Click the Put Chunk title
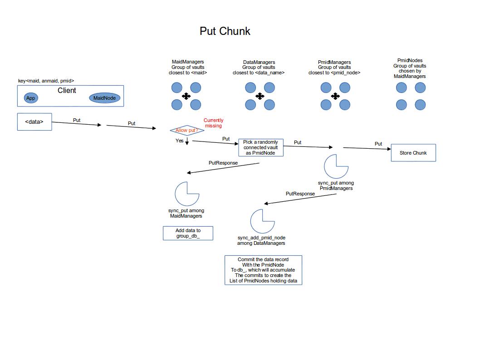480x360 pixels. tap(225, 31)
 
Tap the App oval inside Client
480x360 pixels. tap(31, 98)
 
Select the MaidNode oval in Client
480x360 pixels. tap(104, 98)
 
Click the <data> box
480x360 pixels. tap(34, 122)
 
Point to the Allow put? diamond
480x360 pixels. tap(187, 131)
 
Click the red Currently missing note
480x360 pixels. tap(213, 123)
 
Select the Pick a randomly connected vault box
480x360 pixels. tap(260, 148)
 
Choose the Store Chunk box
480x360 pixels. tap(413, 153)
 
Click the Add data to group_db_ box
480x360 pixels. tap(188, 233)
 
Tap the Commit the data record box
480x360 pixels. tap(263, 270)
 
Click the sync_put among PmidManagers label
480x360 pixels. tap(336, 185)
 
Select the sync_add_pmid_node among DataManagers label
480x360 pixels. tap(261, 240)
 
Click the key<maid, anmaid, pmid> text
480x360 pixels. tap(46, 81)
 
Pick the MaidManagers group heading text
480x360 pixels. tap(188, 67)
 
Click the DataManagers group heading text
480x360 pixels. tap(259, 67)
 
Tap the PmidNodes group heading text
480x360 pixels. tap(410, 68)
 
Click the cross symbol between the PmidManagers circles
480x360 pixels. tap(335, 96)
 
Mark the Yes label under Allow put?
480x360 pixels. tap(180, 141)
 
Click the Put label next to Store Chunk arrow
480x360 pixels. tap(378, 144)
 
